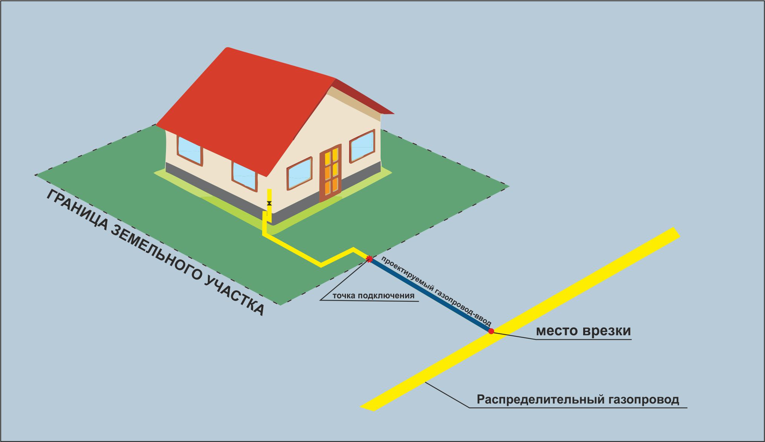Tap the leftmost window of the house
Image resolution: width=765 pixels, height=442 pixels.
189,150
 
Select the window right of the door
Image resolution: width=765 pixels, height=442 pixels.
362,146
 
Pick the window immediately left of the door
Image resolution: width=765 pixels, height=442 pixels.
300,173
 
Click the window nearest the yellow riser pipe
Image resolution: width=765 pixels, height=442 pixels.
244,176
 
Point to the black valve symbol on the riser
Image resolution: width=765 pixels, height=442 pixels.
269,203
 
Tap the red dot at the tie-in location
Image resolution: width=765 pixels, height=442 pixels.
491,331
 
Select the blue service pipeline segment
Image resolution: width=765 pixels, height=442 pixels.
430,295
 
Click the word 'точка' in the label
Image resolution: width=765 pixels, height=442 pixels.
344,296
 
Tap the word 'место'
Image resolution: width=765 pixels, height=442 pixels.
557,331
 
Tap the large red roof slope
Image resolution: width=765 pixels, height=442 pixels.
245,109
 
